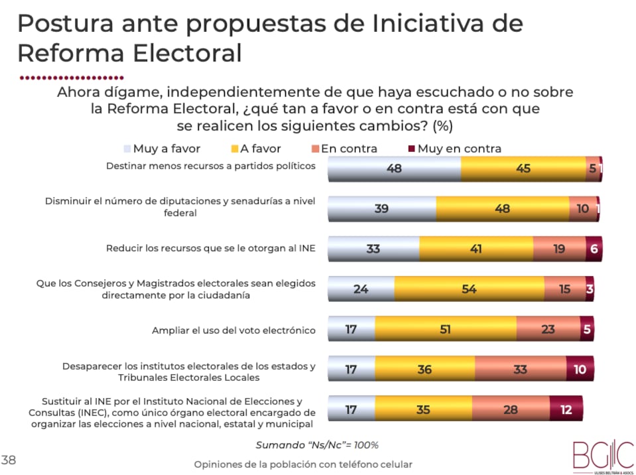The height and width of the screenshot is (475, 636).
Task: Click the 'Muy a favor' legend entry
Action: point(162,149)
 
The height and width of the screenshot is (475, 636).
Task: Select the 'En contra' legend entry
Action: point(344,149)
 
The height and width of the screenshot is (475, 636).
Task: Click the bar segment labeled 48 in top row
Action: point(395,169)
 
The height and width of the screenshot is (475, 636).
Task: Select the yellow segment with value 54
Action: point(469,289)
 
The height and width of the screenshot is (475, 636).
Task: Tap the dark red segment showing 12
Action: point(566,409)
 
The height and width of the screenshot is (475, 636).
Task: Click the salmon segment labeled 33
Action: point(520,370)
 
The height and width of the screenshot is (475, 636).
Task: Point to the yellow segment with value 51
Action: point(445,329)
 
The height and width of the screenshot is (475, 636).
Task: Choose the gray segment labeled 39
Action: point(382,208)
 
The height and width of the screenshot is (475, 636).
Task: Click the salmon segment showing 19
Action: point(559,249)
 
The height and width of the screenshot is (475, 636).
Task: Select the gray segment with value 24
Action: point(361,289)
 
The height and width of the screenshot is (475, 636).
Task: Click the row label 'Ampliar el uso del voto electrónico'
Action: point(233,330)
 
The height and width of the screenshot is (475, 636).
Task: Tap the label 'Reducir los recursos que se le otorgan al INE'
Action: point(211,249)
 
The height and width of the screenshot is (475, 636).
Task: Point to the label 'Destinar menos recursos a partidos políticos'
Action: point(211,166)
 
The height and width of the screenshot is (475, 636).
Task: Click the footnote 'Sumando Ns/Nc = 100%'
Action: point(317,444)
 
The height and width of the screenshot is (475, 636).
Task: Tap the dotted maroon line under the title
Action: point(72,77)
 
